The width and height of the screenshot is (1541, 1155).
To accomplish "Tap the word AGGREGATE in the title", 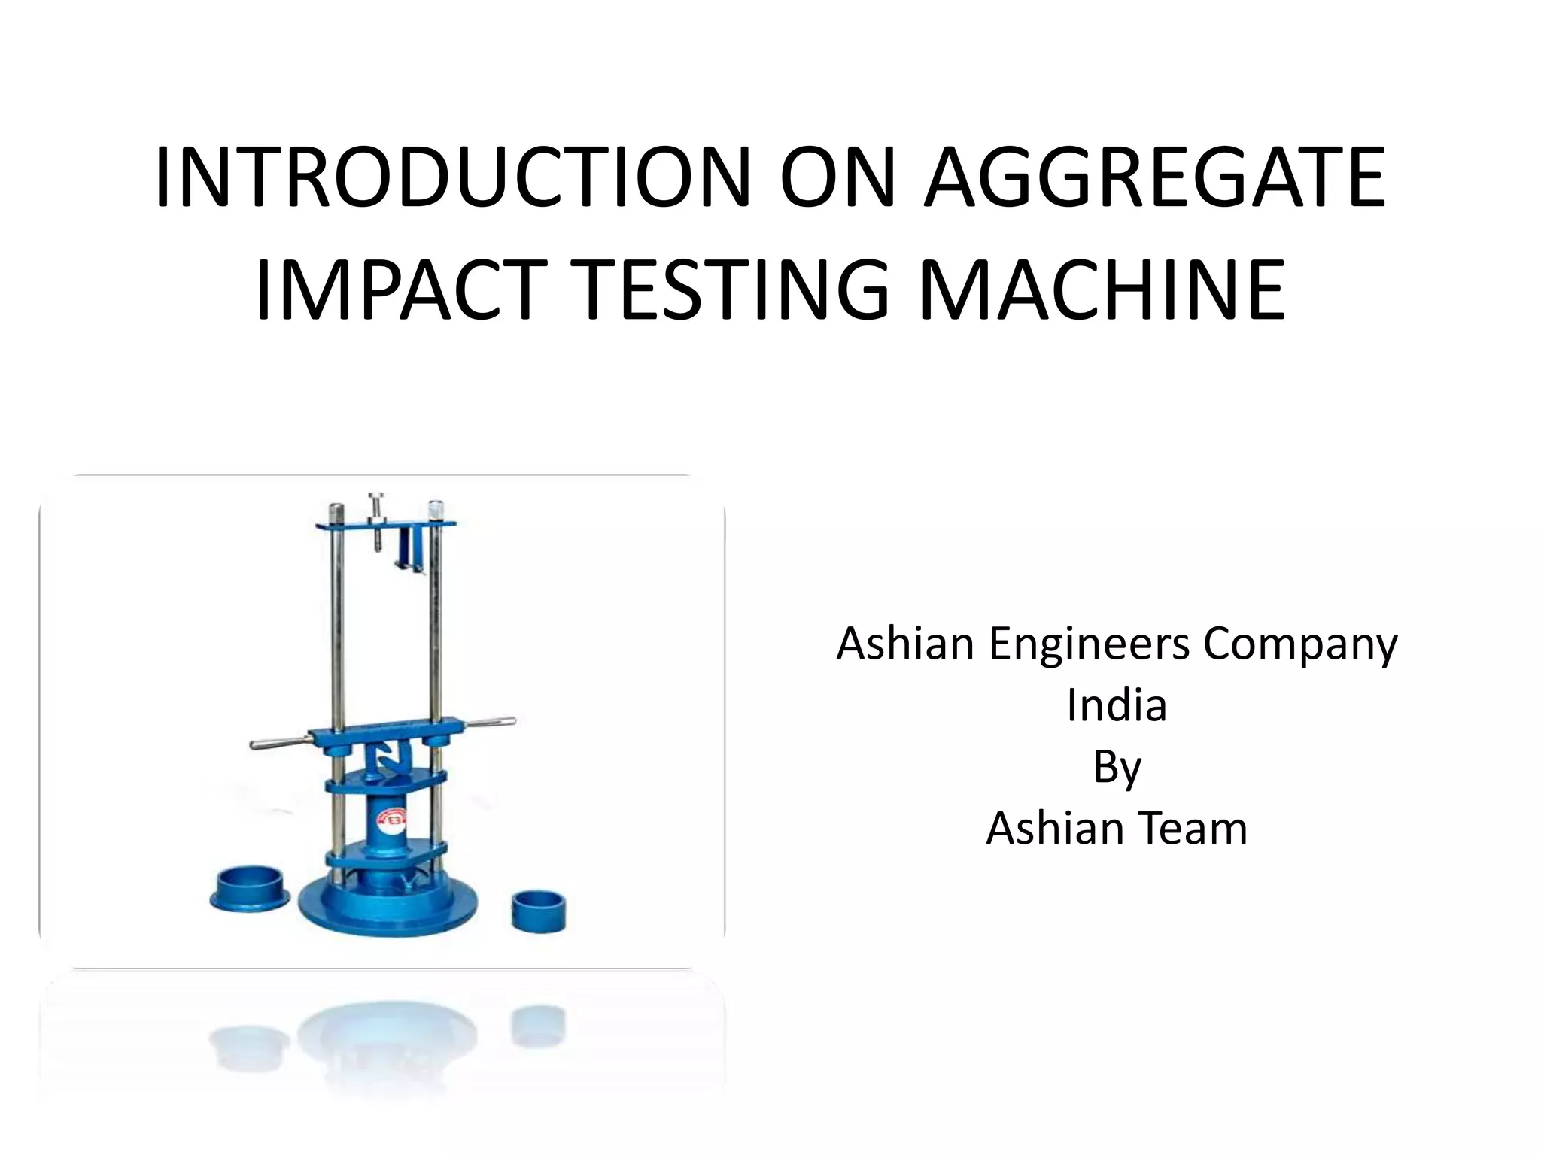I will [x=1154, y=177].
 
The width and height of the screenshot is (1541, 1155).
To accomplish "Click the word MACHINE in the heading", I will [x=1102, y=290].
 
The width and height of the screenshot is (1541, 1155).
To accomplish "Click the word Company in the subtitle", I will [x=1300, y=645].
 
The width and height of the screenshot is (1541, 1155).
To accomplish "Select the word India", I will [x=1117, y=705].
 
